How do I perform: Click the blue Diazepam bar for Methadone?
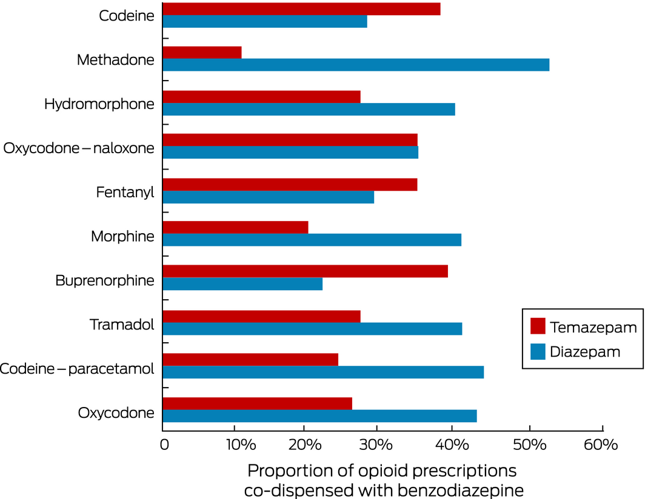(356, 65)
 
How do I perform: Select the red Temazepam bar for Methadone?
(202, 52)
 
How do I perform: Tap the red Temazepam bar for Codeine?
(301, 8)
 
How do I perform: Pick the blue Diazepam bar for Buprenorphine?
(242, 284)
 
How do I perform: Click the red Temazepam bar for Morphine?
(236, 227)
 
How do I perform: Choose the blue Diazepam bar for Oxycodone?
(319, 416)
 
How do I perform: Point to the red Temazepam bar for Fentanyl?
(290, 183)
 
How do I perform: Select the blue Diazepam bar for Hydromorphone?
(309, 109)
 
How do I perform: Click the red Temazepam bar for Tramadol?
(262, 316)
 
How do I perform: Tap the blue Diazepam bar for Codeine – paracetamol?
(323, 372)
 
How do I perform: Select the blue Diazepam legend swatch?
(538, 351)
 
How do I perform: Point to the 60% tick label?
(602, 445)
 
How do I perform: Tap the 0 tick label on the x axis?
(164, 445)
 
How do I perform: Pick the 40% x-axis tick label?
(452, 445)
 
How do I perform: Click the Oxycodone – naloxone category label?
(79, 148)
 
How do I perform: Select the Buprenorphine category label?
(104, 281)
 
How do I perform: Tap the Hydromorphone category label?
(99, 104)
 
